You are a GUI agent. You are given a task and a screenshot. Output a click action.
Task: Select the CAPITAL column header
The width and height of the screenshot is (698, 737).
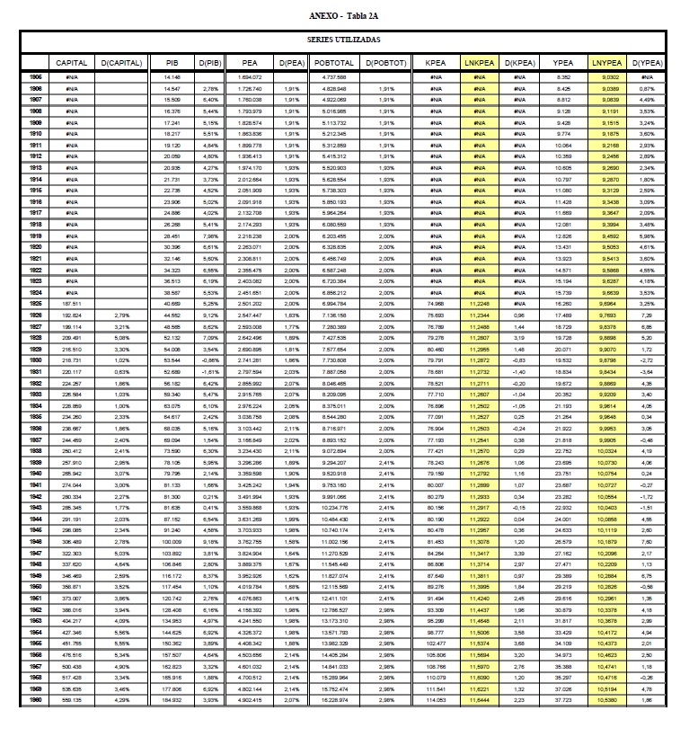pyautogui.click(x=71, y=64)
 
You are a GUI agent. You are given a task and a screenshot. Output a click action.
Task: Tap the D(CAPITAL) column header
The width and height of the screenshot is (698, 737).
pyautogui.click(x=119, y=64)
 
